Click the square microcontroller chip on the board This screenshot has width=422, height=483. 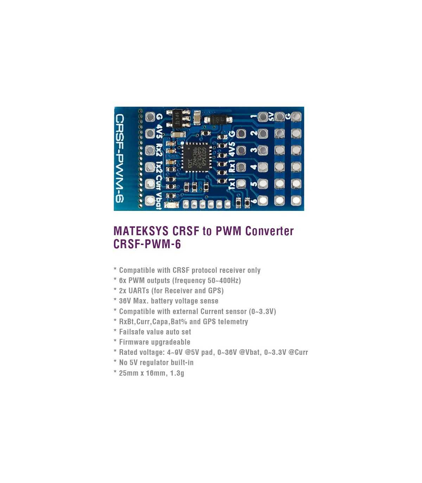click(197, 157)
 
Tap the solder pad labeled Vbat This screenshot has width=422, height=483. click(150, 200)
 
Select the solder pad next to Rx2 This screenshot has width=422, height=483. click(150, 150)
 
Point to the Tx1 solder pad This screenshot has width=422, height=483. click(241, 183)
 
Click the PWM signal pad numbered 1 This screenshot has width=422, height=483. click(262, 117)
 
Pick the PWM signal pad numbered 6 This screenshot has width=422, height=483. click(262, 200)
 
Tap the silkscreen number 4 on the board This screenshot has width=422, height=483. click(254, 167)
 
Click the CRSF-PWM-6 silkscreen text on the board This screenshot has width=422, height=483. click(120, 158)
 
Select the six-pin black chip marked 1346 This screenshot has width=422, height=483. click(178, 118)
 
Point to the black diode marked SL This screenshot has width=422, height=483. click(219, 120)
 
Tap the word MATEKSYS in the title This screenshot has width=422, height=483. click(141, 231)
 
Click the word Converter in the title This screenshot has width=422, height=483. click(269, 231)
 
